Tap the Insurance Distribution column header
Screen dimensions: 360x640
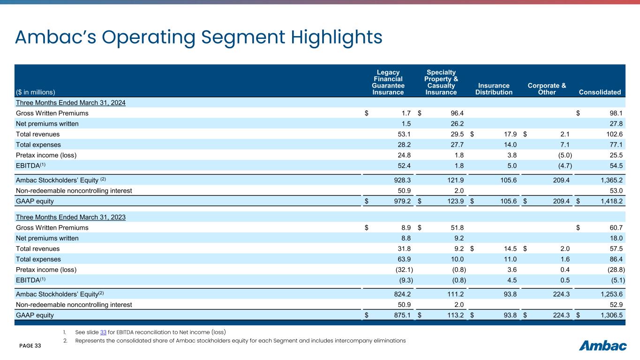[494, 89]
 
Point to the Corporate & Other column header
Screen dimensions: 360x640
[547, 89]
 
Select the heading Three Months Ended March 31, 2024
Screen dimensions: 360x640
[71, 103]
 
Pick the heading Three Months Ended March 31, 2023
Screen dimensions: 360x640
[71, 217]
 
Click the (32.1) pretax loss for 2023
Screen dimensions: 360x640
[402, 269]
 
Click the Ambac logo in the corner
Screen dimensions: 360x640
[603, 346]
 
